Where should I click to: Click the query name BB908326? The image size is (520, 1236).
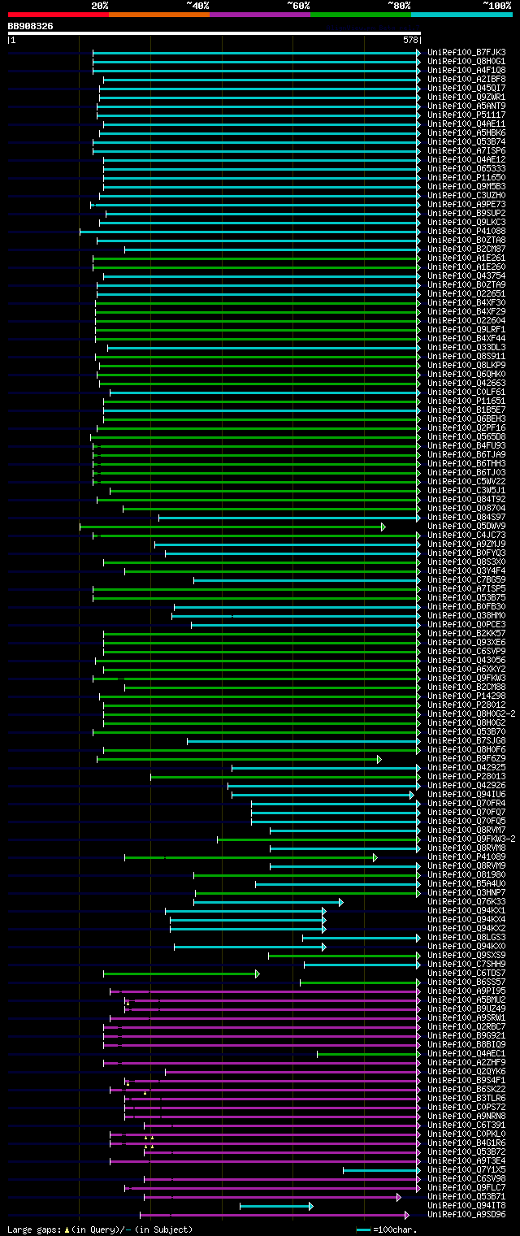click(x=30, y=26)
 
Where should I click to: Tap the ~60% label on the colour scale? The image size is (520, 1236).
click(x=298, y=6)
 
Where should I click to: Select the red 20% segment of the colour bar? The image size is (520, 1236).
click(x=58, y=15)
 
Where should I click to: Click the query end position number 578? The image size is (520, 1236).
click(x=409, y=40)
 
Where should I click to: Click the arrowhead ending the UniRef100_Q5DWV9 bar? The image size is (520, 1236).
click(x=383, y=527)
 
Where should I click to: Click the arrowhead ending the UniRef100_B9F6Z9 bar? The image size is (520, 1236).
click(x=379, y=759)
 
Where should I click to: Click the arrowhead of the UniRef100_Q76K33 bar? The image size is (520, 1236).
click(x=340, y=902)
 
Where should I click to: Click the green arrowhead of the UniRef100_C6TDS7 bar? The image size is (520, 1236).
click(x=257, y=974)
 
